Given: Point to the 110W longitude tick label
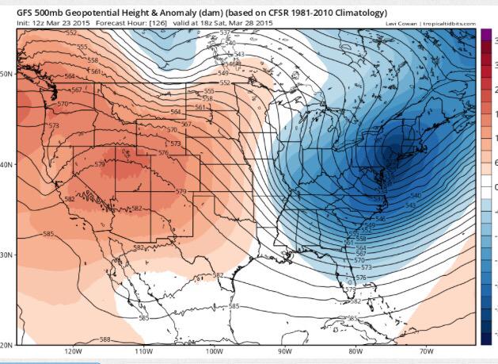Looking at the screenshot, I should point(143,351).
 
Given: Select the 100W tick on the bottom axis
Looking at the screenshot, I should point(214,351).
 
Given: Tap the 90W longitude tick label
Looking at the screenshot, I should point(284,351).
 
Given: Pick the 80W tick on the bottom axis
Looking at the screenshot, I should point(355,351).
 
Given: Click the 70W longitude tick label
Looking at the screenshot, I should point(425,351).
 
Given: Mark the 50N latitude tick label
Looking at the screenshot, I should point(6,73).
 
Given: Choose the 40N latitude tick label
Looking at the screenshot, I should point(6,165).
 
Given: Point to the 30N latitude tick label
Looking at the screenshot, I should point(6,255).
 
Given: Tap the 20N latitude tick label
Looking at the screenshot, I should point(6,345).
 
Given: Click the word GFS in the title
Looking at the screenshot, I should point(14,13).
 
